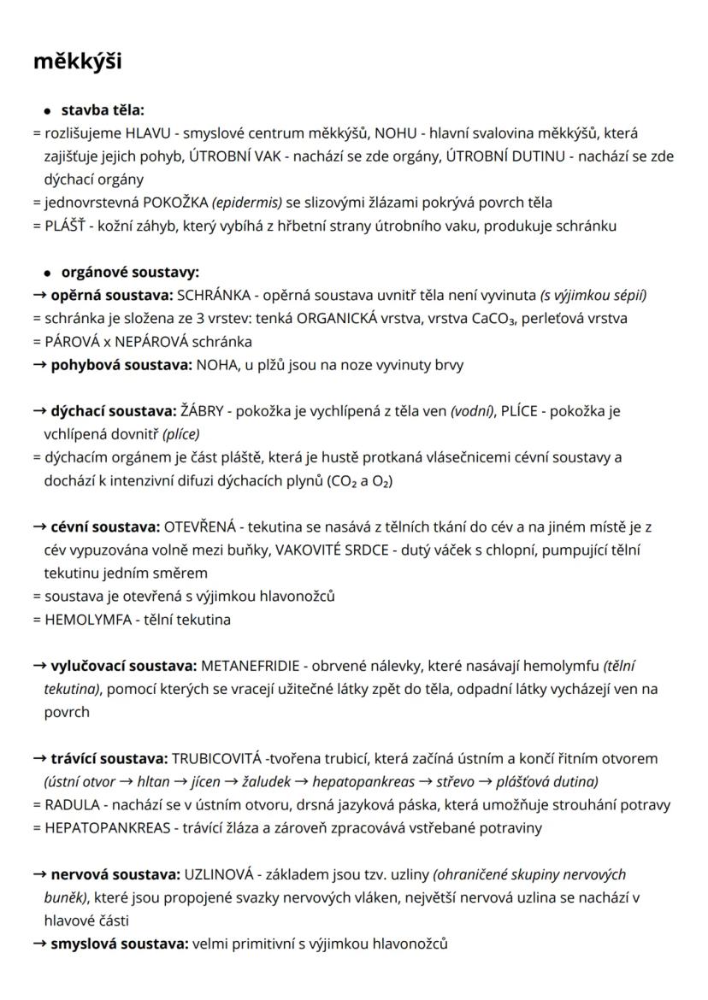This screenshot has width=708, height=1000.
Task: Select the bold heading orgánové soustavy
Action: click(x=130, y=273)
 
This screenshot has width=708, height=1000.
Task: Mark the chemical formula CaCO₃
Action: click(x=475, y=319)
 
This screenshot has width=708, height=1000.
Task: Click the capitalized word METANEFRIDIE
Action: click(x=251, y=665)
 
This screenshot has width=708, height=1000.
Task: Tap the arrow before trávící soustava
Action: click(x=39, y=758)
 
